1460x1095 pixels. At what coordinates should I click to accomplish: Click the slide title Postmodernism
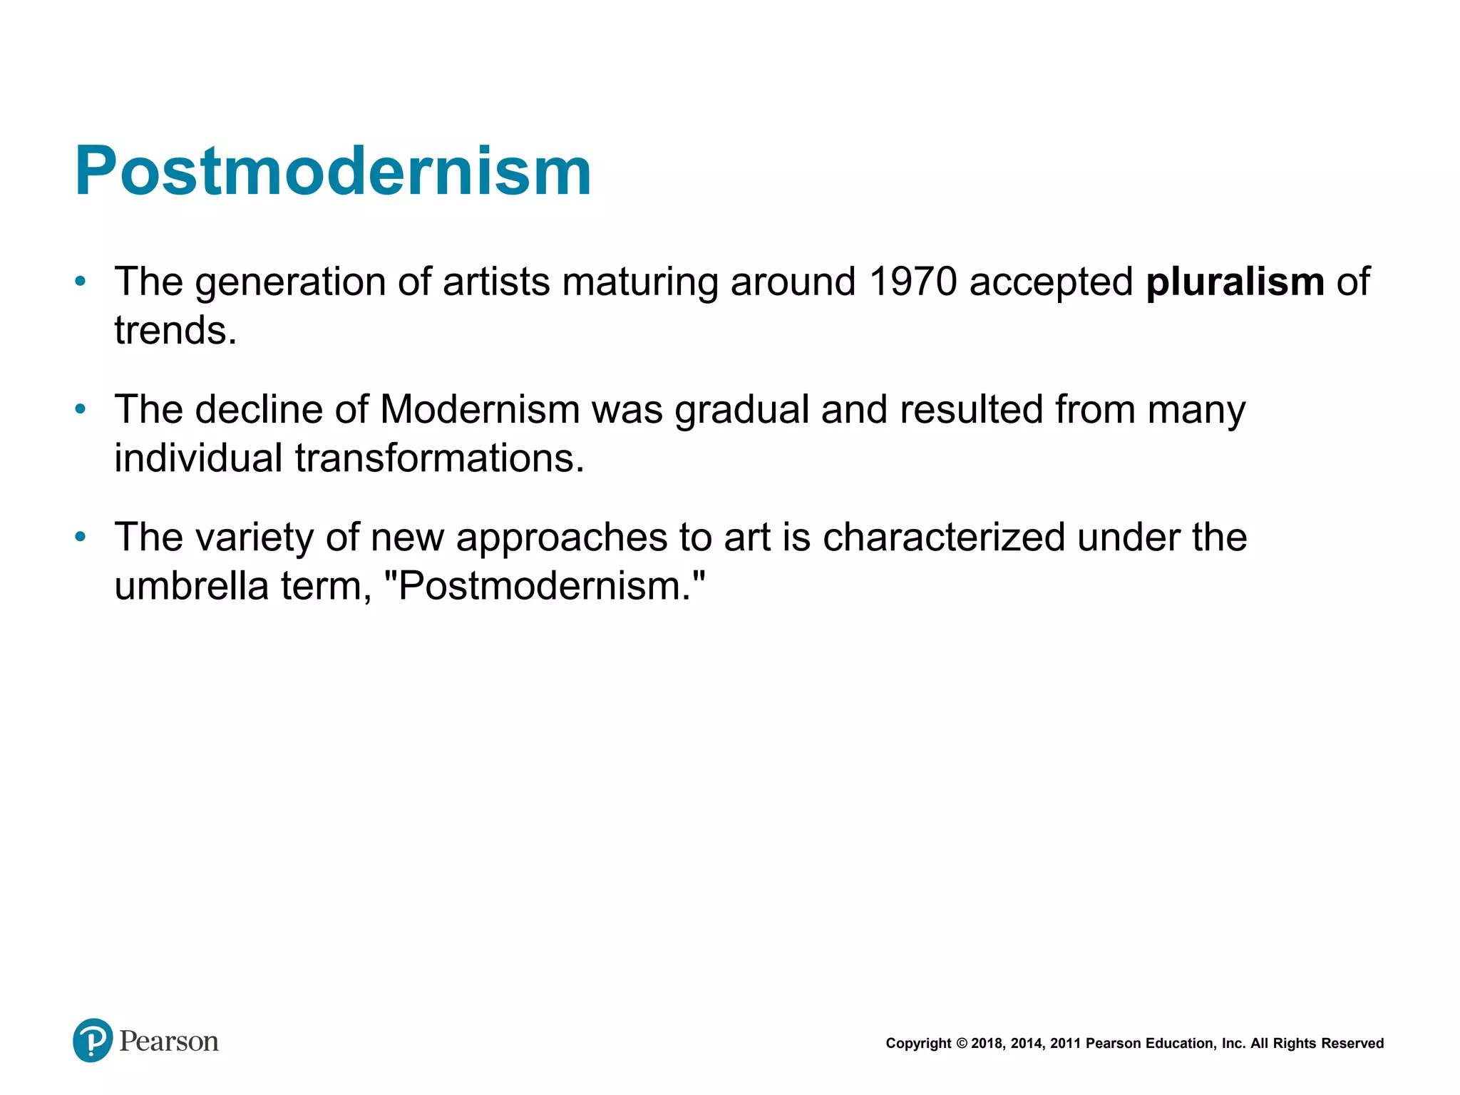tap(333, 171)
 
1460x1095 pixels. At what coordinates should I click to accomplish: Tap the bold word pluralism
tap(1235, 282)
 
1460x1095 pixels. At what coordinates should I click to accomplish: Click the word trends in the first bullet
tap(175, 331)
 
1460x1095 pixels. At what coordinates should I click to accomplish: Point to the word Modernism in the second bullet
tap(480, 409)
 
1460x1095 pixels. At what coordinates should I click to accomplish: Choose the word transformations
tap(439, 458)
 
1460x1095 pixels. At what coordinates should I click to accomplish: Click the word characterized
tap(944, 537)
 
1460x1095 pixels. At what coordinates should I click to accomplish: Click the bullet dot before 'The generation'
tap(81, 282)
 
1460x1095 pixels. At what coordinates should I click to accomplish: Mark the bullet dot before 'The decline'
tap(81, 409)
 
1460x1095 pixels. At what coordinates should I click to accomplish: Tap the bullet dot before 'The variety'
tap(81, 537)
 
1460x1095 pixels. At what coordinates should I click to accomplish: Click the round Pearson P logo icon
tap(93, 1040)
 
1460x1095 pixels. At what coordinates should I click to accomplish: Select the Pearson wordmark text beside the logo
tap(169, 1042)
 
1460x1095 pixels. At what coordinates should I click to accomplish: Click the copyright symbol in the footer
tap(962, 1044)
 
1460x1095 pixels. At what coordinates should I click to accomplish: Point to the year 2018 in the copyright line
tap(987, 1044)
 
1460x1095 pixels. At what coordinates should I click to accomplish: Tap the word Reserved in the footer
tap(1352, 1044)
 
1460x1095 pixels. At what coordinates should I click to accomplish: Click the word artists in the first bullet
tap(496, 282)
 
